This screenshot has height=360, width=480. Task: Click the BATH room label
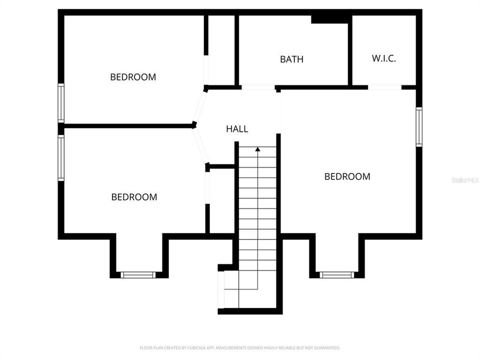[291, 59]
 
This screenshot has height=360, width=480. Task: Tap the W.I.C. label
[384, 58]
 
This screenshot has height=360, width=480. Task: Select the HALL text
[237, 129]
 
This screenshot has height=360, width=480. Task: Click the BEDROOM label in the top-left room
[133, 77]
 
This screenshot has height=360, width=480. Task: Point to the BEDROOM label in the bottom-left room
[134, 197]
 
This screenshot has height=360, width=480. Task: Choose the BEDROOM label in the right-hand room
[347, 176]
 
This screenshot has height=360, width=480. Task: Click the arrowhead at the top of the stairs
[257, 149]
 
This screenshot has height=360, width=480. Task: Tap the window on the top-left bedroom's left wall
[61, 103]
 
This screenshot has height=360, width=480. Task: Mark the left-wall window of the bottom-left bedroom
[61, 158]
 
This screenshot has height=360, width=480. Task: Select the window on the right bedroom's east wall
[419, 127]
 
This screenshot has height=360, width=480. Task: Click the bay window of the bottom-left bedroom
[138, 274]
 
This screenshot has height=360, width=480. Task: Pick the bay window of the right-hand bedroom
[336, 274]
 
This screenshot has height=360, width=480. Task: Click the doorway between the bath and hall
[258, 87]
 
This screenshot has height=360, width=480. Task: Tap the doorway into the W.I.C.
[384, 87]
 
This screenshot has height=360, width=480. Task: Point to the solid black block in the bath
[329, 19]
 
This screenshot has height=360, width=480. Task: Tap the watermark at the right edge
[465, 179]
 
